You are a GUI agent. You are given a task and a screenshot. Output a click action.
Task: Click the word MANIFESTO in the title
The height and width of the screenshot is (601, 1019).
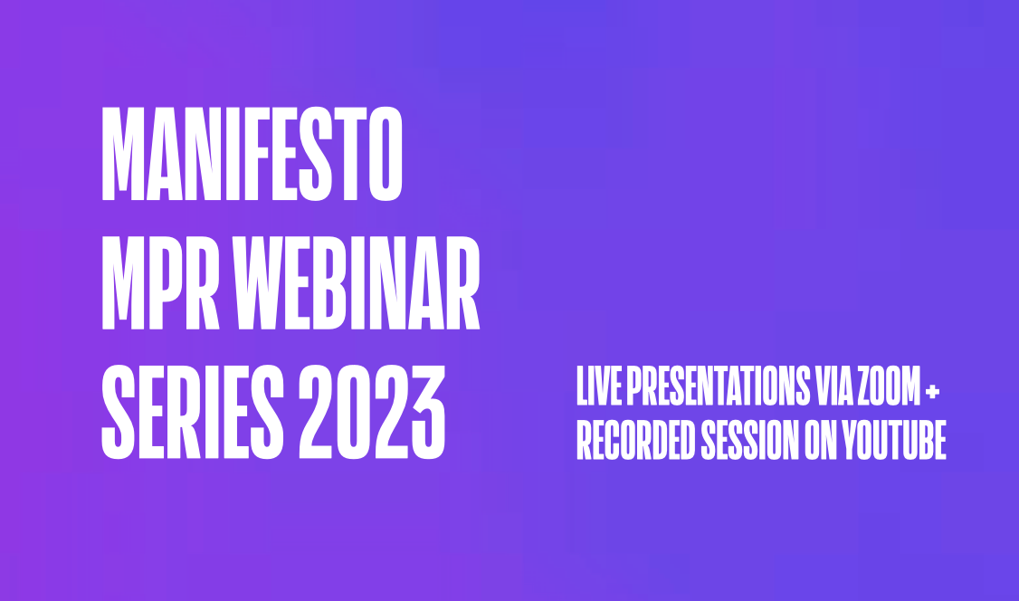coord(252,154)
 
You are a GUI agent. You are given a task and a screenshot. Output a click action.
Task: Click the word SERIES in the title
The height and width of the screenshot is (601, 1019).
coord(193,412)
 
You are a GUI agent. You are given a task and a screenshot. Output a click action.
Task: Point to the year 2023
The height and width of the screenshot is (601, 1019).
coord(372,412)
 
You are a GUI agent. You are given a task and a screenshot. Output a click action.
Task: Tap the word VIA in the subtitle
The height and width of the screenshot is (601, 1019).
coord(833,386)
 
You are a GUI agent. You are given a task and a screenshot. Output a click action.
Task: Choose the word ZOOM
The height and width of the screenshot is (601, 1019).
coord(889,386)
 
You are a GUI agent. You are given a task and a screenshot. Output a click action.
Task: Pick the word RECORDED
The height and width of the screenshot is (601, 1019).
coord(635,441)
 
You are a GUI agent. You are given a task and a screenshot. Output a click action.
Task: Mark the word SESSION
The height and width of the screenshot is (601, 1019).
coord(749,441)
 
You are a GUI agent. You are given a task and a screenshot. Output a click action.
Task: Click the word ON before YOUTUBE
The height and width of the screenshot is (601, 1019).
coord(821,441)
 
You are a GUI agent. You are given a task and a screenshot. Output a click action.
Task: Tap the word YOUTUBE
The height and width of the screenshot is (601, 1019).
coord(894,441)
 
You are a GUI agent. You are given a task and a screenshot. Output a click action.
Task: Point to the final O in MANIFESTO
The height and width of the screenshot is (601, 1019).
coord(386,154)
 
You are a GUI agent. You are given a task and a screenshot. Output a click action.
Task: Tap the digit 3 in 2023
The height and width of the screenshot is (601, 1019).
coord(428,412)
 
